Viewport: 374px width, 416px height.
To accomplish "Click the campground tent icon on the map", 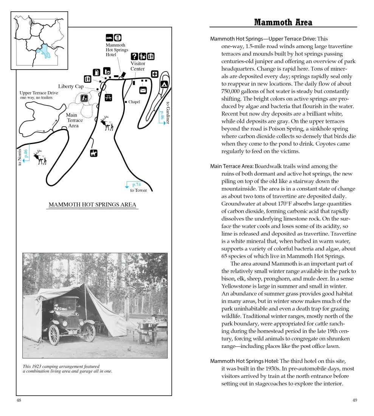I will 164,84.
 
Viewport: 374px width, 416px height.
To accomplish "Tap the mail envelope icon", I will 143,90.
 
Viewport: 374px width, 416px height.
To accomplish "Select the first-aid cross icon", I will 154,74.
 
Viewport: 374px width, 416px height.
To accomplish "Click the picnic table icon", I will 108,97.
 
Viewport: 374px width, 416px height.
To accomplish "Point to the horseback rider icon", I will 94,153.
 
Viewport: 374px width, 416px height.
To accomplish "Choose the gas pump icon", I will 97,71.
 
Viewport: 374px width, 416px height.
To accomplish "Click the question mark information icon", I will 133,56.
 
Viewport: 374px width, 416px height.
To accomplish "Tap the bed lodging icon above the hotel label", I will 109,37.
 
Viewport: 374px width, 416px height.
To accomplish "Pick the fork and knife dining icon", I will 118,37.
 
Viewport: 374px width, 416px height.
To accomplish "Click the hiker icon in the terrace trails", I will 84,98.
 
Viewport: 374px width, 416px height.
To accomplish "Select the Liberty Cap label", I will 71,87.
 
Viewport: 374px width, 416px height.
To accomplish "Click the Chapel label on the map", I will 134,102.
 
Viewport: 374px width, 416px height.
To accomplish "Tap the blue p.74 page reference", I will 136,185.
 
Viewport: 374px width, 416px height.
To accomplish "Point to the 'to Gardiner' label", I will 168,112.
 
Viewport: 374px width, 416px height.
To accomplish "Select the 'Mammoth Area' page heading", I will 283,22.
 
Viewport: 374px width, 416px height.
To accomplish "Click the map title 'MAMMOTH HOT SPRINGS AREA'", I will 92,205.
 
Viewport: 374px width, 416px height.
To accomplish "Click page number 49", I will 354,400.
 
